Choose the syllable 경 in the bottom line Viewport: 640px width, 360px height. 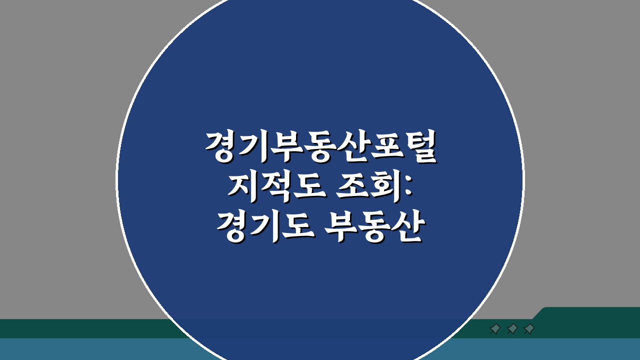click(232, 227)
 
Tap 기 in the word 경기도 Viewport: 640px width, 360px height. click(265, 227)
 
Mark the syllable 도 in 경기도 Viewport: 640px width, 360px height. click(298, 227)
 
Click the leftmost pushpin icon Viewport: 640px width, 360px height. click(495, 329)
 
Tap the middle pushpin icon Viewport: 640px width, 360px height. click(512, 329)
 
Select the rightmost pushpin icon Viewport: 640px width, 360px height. click(529, 329)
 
